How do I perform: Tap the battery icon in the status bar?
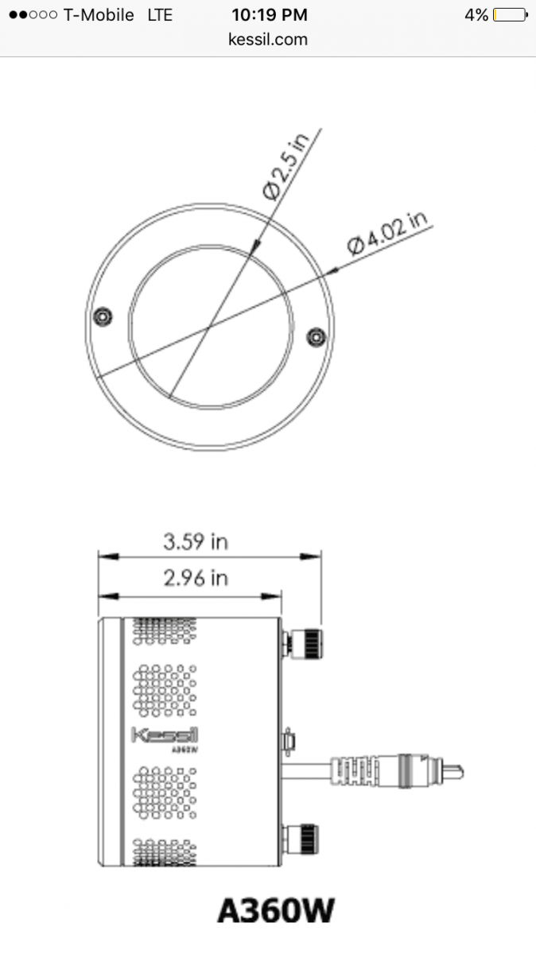511,15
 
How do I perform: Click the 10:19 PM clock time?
270,15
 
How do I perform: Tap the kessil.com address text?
268,39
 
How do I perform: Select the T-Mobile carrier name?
99,15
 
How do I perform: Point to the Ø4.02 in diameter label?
387,234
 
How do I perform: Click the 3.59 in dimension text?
196,541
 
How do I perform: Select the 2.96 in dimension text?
196,579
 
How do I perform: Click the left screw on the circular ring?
103,317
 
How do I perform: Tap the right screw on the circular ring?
317,337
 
